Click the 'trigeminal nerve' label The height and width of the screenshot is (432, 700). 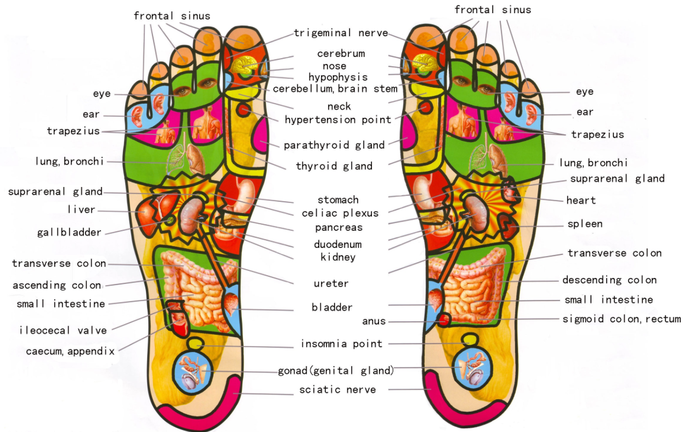tap(341, 33)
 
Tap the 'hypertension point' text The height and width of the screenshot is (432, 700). tap(338, 120)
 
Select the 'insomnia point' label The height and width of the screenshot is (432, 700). tap(342, 344)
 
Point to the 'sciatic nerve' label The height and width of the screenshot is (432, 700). tap(337, 390)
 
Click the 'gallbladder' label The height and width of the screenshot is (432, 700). tap(69, 232)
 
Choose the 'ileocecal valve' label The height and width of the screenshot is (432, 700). tap(63, 330)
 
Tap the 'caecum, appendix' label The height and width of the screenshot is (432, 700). tap(70, 351)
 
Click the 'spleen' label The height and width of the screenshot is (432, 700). tap(585, 224)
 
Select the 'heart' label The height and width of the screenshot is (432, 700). tap(581, 200)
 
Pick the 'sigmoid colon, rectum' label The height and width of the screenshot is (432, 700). tap(622, 319)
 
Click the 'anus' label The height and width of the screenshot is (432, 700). tap(374, 321)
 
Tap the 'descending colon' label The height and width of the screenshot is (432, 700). tap(609, 280)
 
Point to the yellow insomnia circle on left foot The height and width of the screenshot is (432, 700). tap(196, 344)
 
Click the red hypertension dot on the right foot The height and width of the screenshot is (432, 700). tap(425, 108)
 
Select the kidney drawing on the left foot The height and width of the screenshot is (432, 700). tap(191, 216)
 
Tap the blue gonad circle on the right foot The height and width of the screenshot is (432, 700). tap(472, 368)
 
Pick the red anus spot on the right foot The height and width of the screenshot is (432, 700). tap(443, 320)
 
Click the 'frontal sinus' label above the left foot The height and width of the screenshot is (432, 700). tap(172, 16)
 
